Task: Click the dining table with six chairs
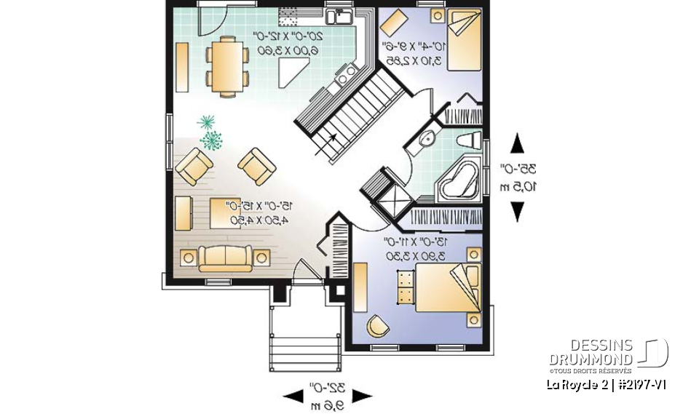(226, 66)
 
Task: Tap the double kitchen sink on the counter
(339, 17)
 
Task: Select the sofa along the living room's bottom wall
(226, 258)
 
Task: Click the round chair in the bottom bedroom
(376, 325)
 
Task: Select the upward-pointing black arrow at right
(517, 143)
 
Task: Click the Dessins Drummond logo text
(591, 351)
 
